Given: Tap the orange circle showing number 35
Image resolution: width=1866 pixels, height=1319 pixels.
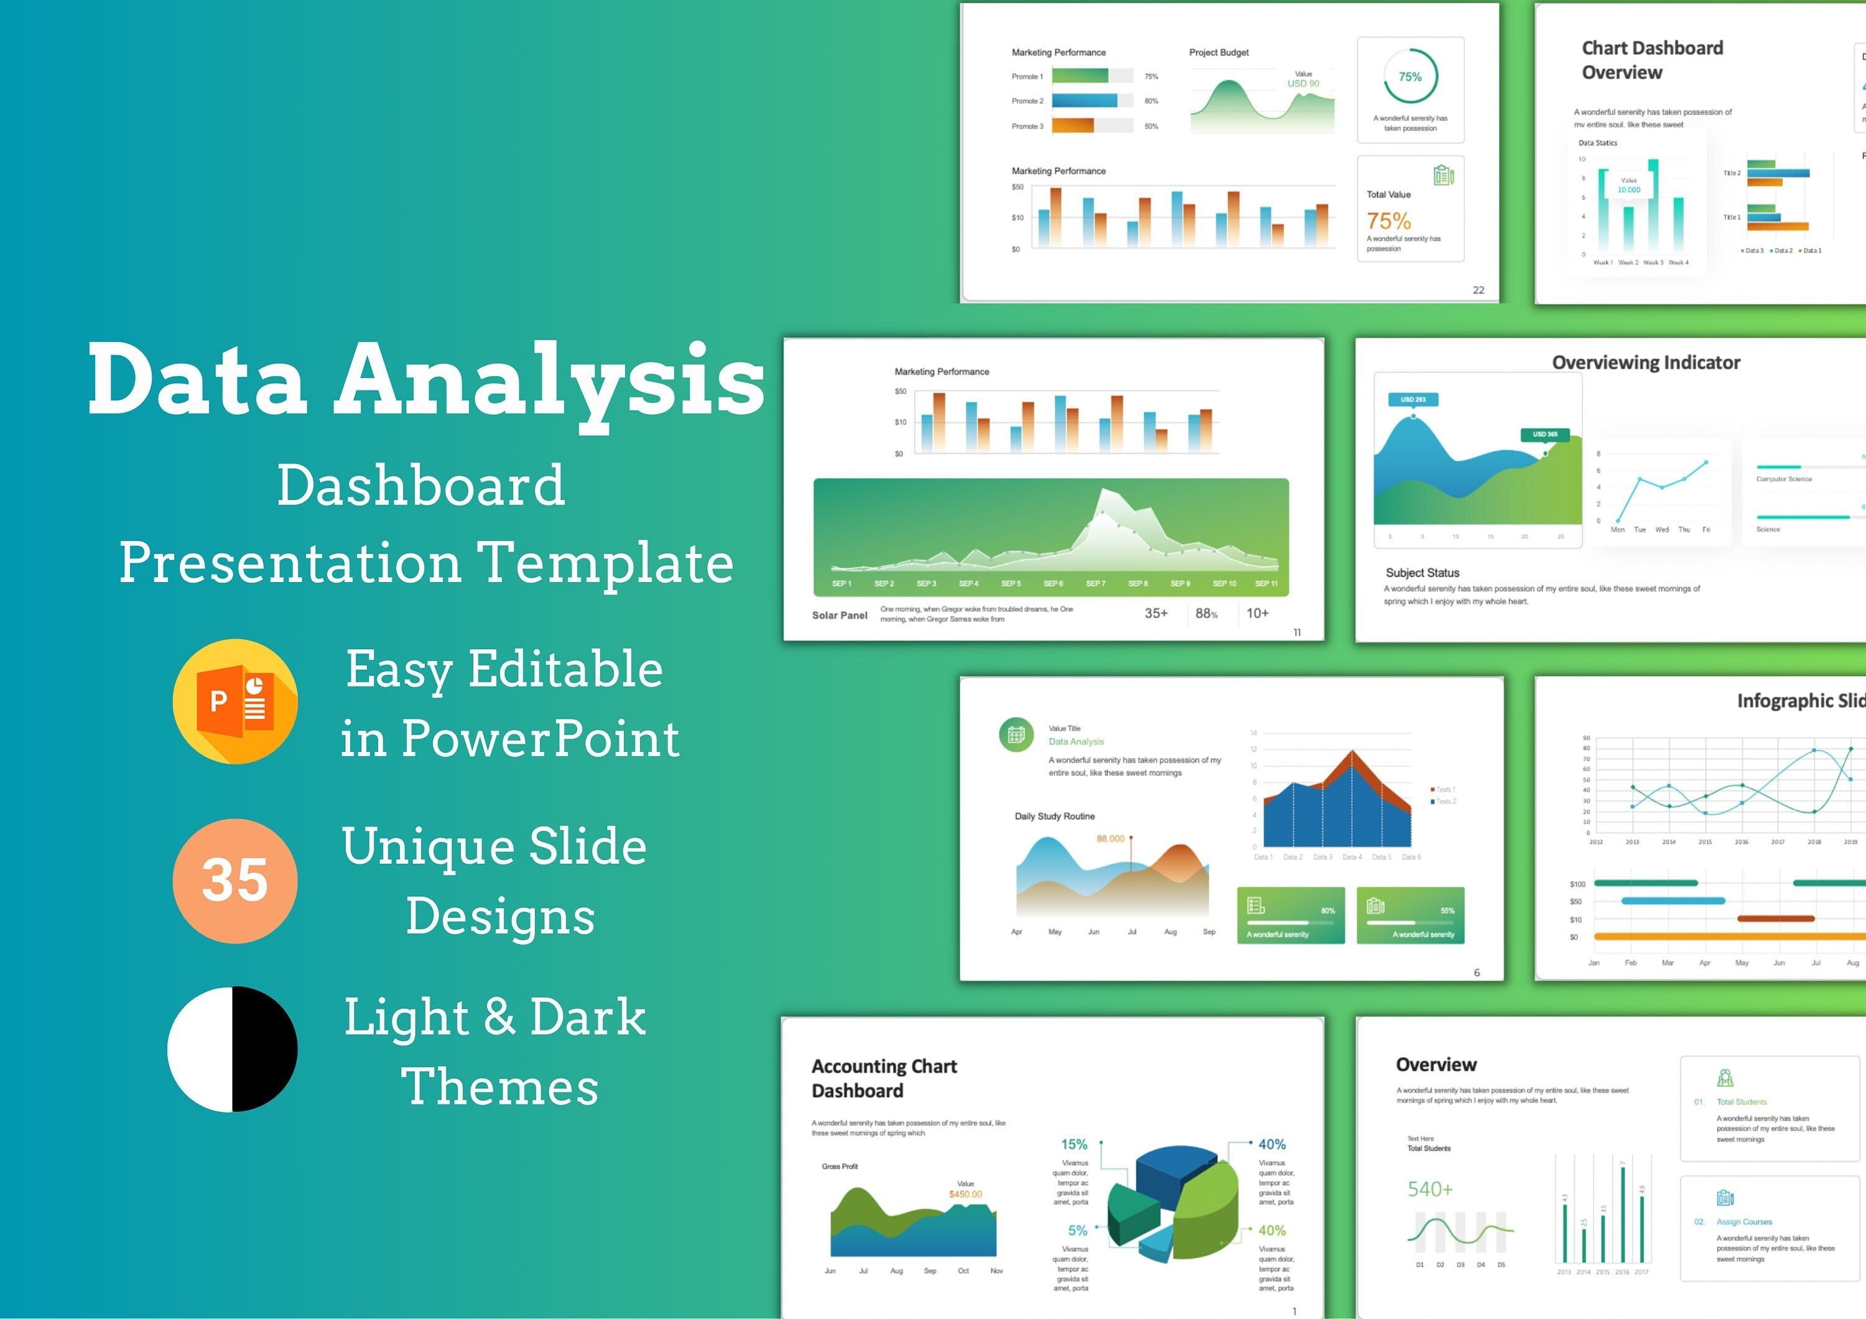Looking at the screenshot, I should point(235,880).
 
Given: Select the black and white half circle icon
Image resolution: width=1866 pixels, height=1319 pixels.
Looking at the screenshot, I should point(233,1048).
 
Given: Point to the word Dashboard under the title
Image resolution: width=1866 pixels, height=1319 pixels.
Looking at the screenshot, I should point(420,485).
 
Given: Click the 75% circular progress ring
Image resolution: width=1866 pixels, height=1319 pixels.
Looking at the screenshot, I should point(1410,76).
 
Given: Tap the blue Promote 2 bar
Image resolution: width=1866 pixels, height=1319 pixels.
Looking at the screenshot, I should point(1084,101).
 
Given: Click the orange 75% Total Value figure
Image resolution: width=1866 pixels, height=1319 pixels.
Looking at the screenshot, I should point(1388,221).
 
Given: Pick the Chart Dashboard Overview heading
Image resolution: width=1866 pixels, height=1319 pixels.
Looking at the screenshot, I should point(1651,60).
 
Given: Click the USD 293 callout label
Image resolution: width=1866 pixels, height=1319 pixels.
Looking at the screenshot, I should point(1413,399).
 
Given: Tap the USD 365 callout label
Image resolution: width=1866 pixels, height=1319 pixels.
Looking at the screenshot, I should point(1544,434).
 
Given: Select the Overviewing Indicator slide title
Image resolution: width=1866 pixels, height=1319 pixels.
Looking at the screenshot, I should point(1646,363).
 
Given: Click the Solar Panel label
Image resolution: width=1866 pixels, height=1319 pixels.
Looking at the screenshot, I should point(840,615).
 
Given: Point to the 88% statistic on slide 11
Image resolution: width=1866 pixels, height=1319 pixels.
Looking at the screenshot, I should point(1206,614).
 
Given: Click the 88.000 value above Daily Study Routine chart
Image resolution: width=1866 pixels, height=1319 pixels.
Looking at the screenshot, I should point(1110,839).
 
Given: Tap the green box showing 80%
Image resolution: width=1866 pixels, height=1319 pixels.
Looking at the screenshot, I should point(1291,915).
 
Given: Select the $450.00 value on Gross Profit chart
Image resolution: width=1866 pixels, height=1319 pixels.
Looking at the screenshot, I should point(965,1194).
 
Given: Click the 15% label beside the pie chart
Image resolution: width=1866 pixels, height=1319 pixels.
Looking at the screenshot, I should point(1074,1144).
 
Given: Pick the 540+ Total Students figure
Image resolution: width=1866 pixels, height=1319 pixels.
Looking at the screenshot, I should point(1429,1189).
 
